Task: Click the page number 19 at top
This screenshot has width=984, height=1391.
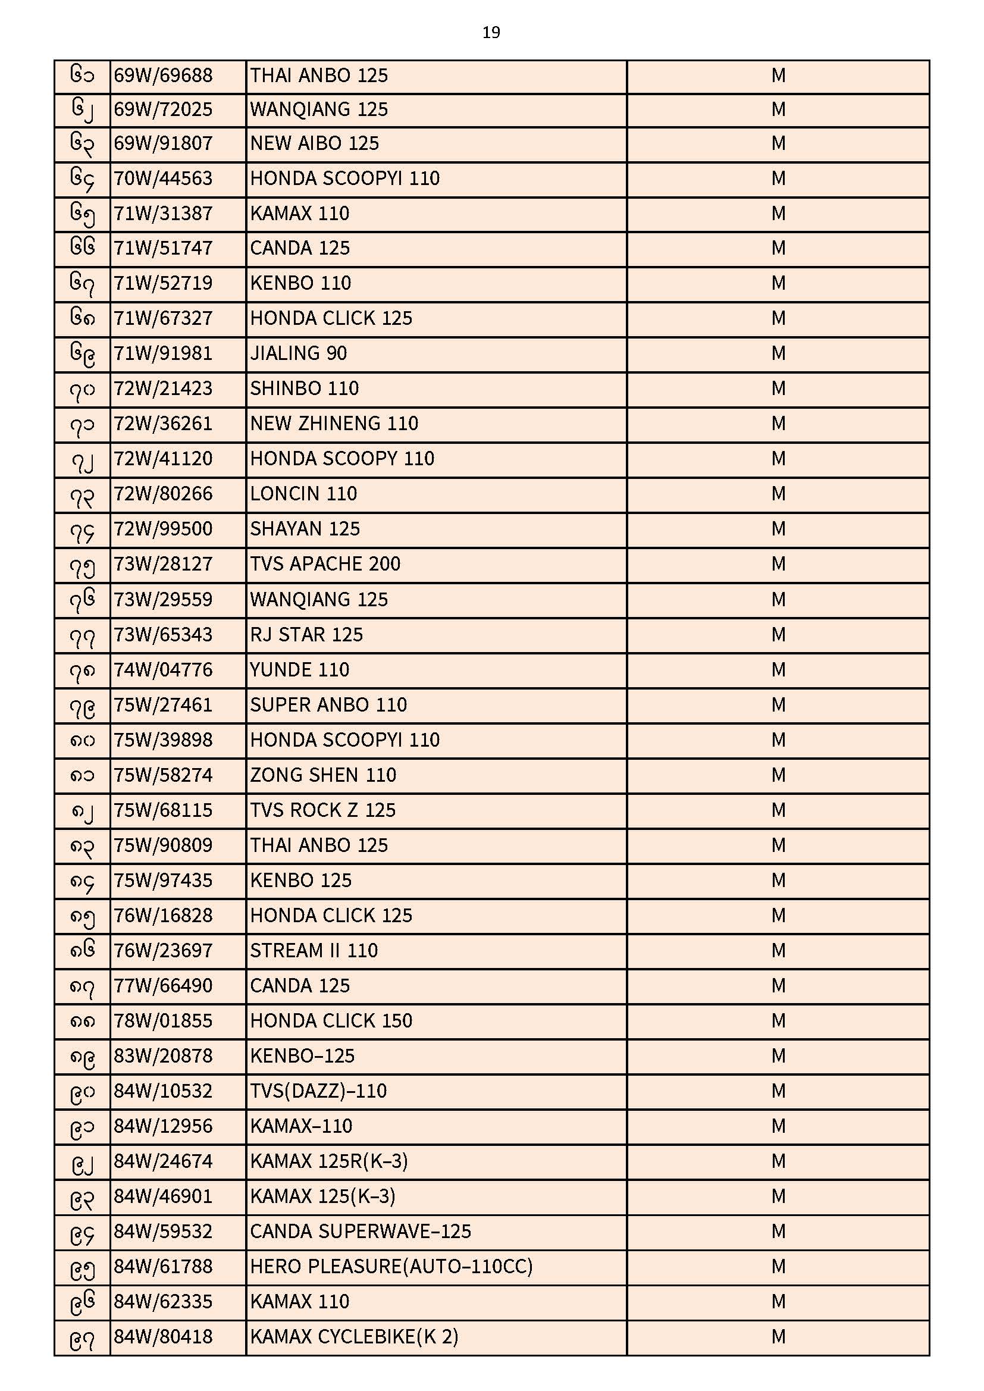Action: point(491,33)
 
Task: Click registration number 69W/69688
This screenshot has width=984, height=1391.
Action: point(163,76)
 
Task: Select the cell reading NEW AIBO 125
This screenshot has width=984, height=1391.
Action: point(315,143)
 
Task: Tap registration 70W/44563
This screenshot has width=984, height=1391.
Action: point(163,178)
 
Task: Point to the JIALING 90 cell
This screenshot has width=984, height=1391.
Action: point(298,353)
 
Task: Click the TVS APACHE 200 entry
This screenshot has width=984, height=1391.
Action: point(325,564)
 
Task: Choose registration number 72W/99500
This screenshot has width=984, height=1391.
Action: point(163,529)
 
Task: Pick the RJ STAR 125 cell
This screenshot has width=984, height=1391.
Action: point(306,635)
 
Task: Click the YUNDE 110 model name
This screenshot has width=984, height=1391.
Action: point(299,670)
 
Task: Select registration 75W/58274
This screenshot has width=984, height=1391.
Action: point(163,775)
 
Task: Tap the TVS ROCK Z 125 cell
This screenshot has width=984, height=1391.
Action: point(322,810)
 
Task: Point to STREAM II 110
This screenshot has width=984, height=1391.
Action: point(314,951)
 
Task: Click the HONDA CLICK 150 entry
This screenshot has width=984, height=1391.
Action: point(331,1021)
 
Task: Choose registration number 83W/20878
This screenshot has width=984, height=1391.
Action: point(163,1056)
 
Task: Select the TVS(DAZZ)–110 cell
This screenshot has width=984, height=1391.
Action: point(318,1091)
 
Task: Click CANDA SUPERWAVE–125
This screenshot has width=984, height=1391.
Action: point(360,1232)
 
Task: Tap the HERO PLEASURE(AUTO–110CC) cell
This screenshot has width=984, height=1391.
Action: point(391,1267)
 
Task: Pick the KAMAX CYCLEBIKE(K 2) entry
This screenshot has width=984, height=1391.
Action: point(354,1337)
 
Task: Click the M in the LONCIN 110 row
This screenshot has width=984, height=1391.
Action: point(778,494)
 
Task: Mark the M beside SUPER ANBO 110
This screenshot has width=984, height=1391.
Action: point(778,705)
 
